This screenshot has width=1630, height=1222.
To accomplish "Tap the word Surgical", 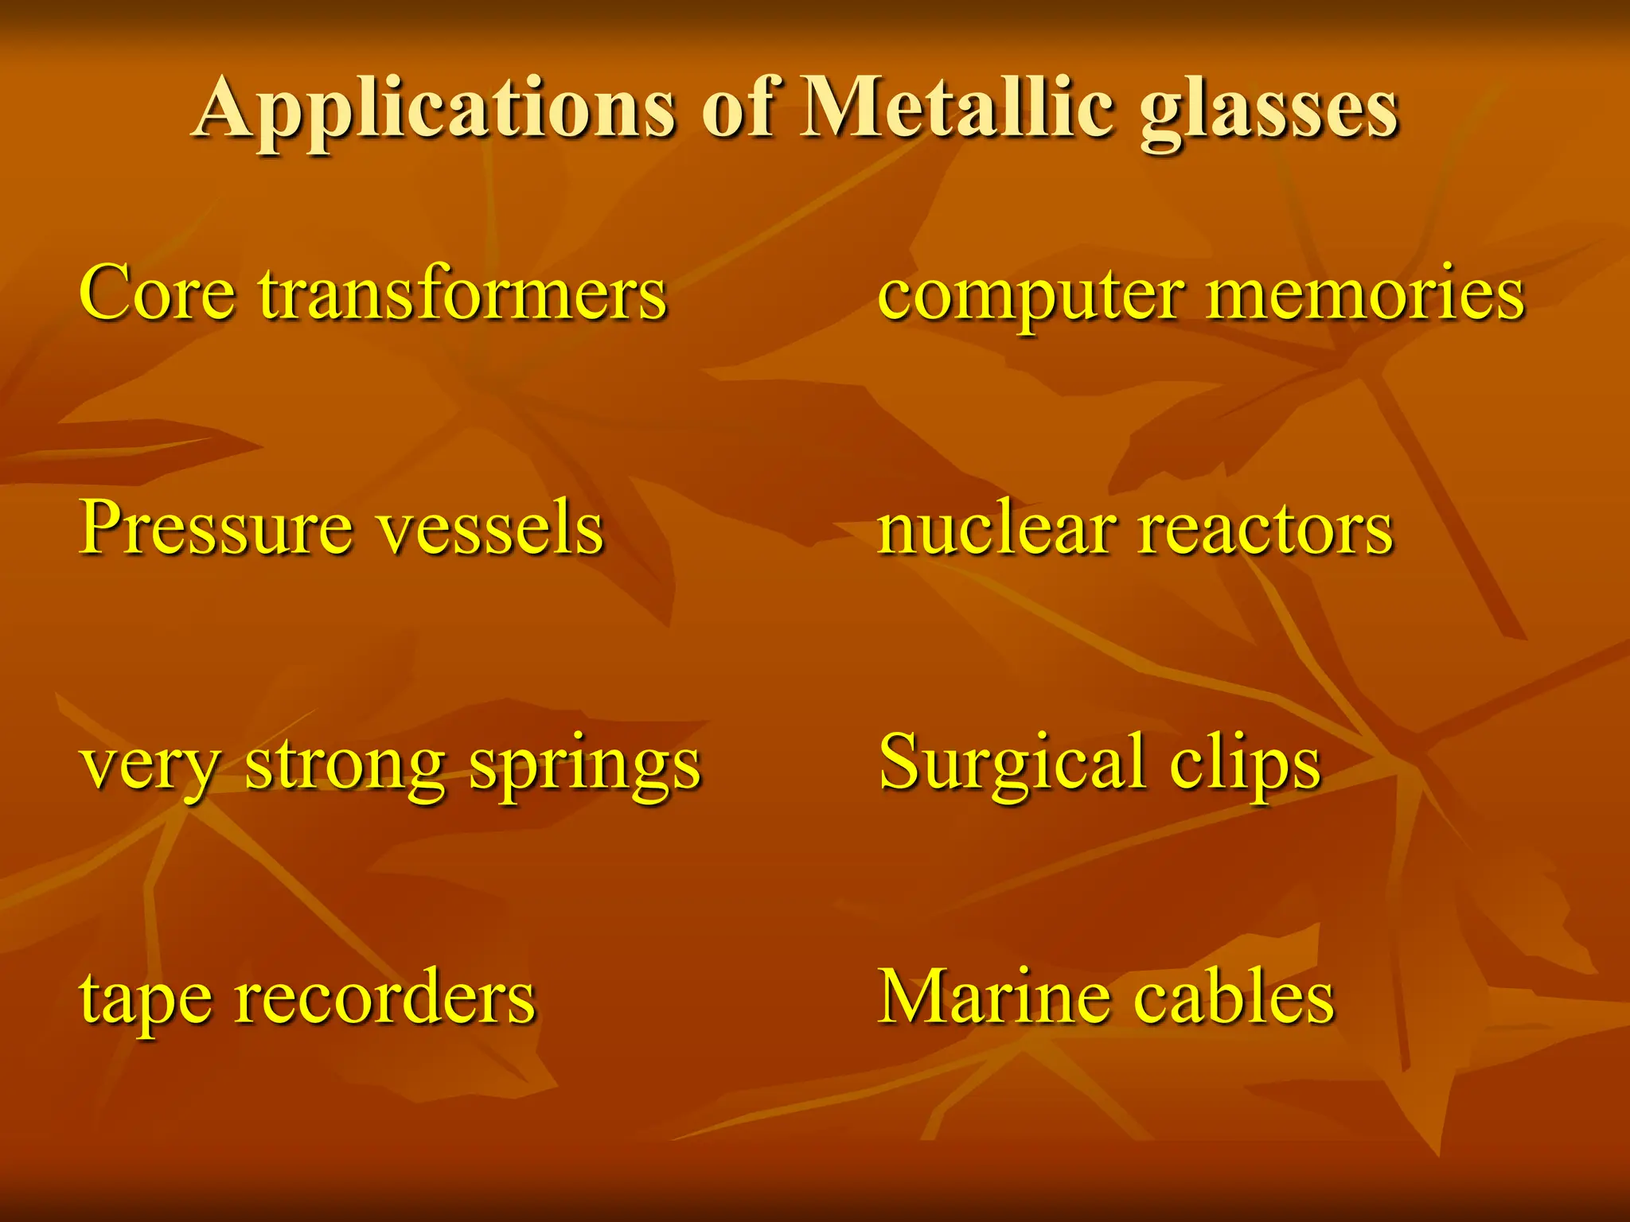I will (1011, 764).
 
